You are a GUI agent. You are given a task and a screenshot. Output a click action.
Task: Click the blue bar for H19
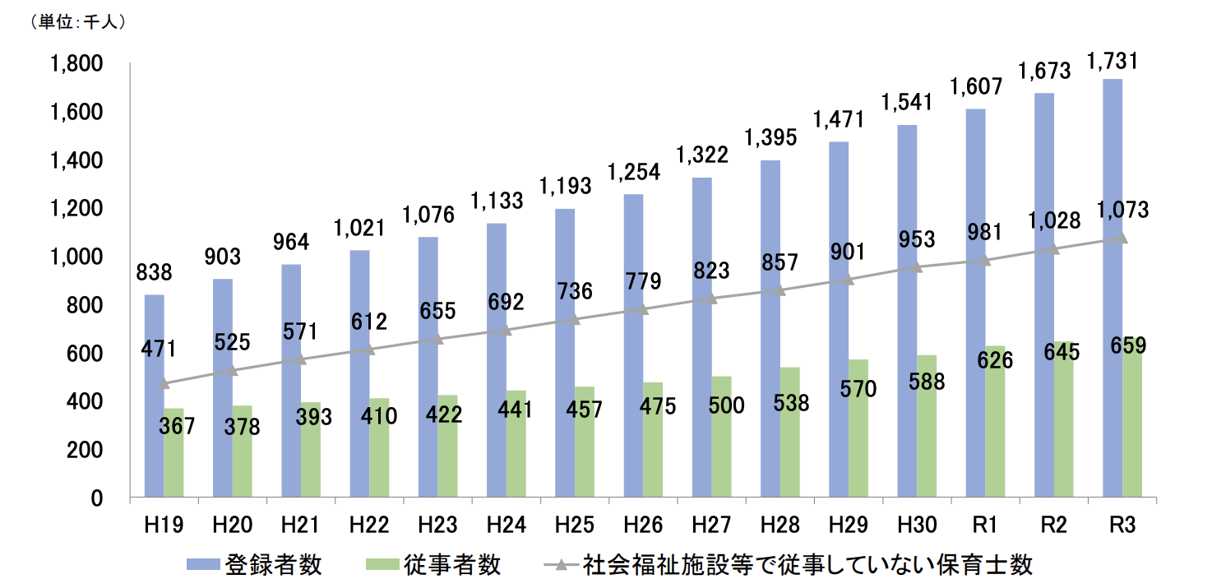coord(154,396)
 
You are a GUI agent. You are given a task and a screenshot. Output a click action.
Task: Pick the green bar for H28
coord(790,432)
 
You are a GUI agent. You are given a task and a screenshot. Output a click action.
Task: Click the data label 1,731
coord(1113,62)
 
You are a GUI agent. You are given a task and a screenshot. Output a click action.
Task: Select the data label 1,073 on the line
coord(1122,210)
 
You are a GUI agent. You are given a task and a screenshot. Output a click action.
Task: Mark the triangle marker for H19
coord(164,382)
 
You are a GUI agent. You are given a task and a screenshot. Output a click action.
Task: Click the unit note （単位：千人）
coord(78,23)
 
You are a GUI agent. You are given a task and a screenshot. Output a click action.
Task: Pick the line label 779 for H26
coord(643,282)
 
